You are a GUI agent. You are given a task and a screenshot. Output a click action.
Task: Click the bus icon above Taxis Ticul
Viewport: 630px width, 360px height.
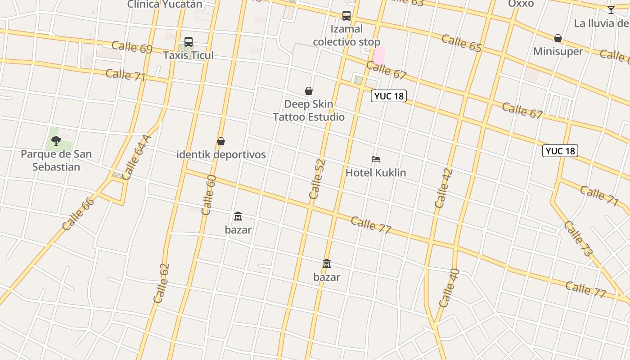pyautogui.click(x=189, y=42)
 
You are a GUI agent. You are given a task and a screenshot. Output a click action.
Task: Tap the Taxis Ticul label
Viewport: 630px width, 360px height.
pyautogui.click(x=189, y=55)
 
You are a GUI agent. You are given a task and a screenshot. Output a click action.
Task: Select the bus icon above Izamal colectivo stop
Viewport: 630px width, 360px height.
pyautogui.click(x=346, y=16)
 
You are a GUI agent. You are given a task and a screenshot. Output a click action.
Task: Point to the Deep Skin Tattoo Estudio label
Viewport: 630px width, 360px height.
pyautogui.click(x=309, y=110)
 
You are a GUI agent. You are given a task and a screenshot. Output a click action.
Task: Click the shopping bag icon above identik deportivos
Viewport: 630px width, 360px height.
pyautogui.click(x=221, y=141)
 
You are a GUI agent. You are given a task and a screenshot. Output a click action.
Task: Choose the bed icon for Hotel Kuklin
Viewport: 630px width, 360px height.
pyautogui.click(x=376, y=159)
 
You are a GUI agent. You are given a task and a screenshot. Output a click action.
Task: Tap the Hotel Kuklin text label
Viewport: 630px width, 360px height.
pyautogui.click(x=376, y=172)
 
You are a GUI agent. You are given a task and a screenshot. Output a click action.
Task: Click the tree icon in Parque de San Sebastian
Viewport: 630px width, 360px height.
pyautogui.click(x=56, y=141)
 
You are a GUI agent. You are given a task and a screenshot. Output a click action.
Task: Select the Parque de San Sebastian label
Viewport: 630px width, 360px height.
pyautogui.click(x=56, y=160)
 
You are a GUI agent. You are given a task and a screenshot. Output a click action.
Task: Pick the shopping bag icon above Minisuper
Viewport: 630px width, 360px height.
pyautogui.click(x=558, y=38)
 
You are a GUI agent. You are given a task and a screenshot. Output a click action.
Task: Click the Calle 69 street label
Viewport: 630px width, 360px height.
pyautogui.click(x=132, y=47)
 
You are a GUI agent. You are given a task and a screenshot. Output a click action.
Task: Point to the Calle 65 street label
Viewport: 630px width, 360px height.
pyautogui.click(x=461, y=43)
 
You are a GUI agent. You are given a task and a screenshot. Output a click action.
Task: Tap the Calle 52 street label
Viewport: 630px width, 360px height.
pyautogui.click(x=317, y=179)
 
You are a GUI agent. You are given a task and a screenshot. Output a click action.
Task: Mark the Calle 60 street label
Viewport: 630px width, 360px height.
pyautogui.click(x=209, y=195)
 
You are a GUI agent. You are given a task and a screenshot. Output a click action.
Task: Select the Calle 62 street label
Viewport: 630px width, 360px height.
pyautogui.click(x=161, y=283)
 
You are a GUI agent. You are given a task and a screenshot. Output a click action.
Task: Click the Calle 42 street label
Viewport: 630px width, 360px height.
pyautogui.click(x=444, y=188)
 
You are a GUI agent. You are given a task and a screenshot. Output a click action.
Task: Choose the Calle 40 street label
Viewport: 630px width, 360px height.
pyautogui.click(x=449, y=288)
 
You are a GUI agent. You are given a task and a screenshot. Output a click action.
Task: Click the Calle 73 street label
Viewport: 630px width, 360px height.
pyautogui.click(x=578, y=239)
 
